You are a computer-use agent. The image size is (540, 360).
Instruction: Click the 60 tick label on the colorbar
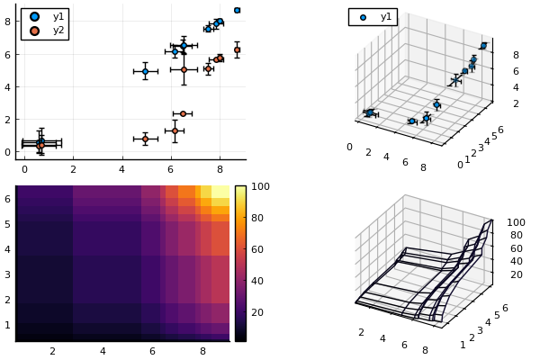[x=256, y=249]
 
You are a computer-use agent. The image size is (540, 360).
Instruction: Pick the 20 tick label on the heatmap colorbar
[x=256, y=311]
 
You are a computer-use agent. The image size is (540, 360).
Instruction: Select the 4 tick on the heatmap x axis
[x=103, y=351]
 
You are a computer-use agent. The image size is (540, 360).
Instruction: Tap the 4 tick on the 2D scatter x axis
[x=121, y=168]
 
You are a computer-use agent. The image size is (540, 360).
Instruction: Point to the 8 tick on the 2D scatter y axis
[x=8, y=22]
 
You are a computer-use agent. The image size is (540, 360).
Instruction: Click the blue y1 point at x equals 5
[x=145, y=71]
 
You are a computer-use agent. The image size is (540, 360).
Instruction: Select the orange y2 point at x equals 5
[x=145, y=139]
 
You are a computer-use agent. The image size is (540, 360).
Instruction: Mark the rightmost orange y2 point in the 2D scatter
[x=237, y=49]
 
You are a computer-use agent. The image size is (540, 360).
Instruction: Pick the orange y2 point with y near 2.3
[x=183, y=113]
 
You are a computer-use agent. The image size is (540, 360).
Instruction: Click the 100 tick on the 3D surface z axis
[x=515, y=222]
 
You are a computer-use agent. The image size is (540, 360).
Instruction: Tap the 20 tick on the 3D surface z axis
[x=515, y=274]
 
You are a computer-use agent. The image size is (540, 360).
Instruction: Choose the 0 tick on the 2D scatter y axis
[x=8, y=152]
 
